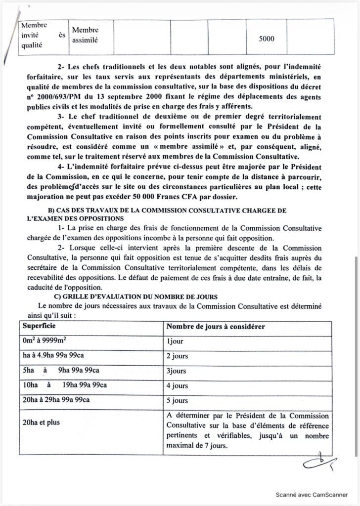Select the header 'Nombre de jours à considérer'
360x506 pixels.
215,327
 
